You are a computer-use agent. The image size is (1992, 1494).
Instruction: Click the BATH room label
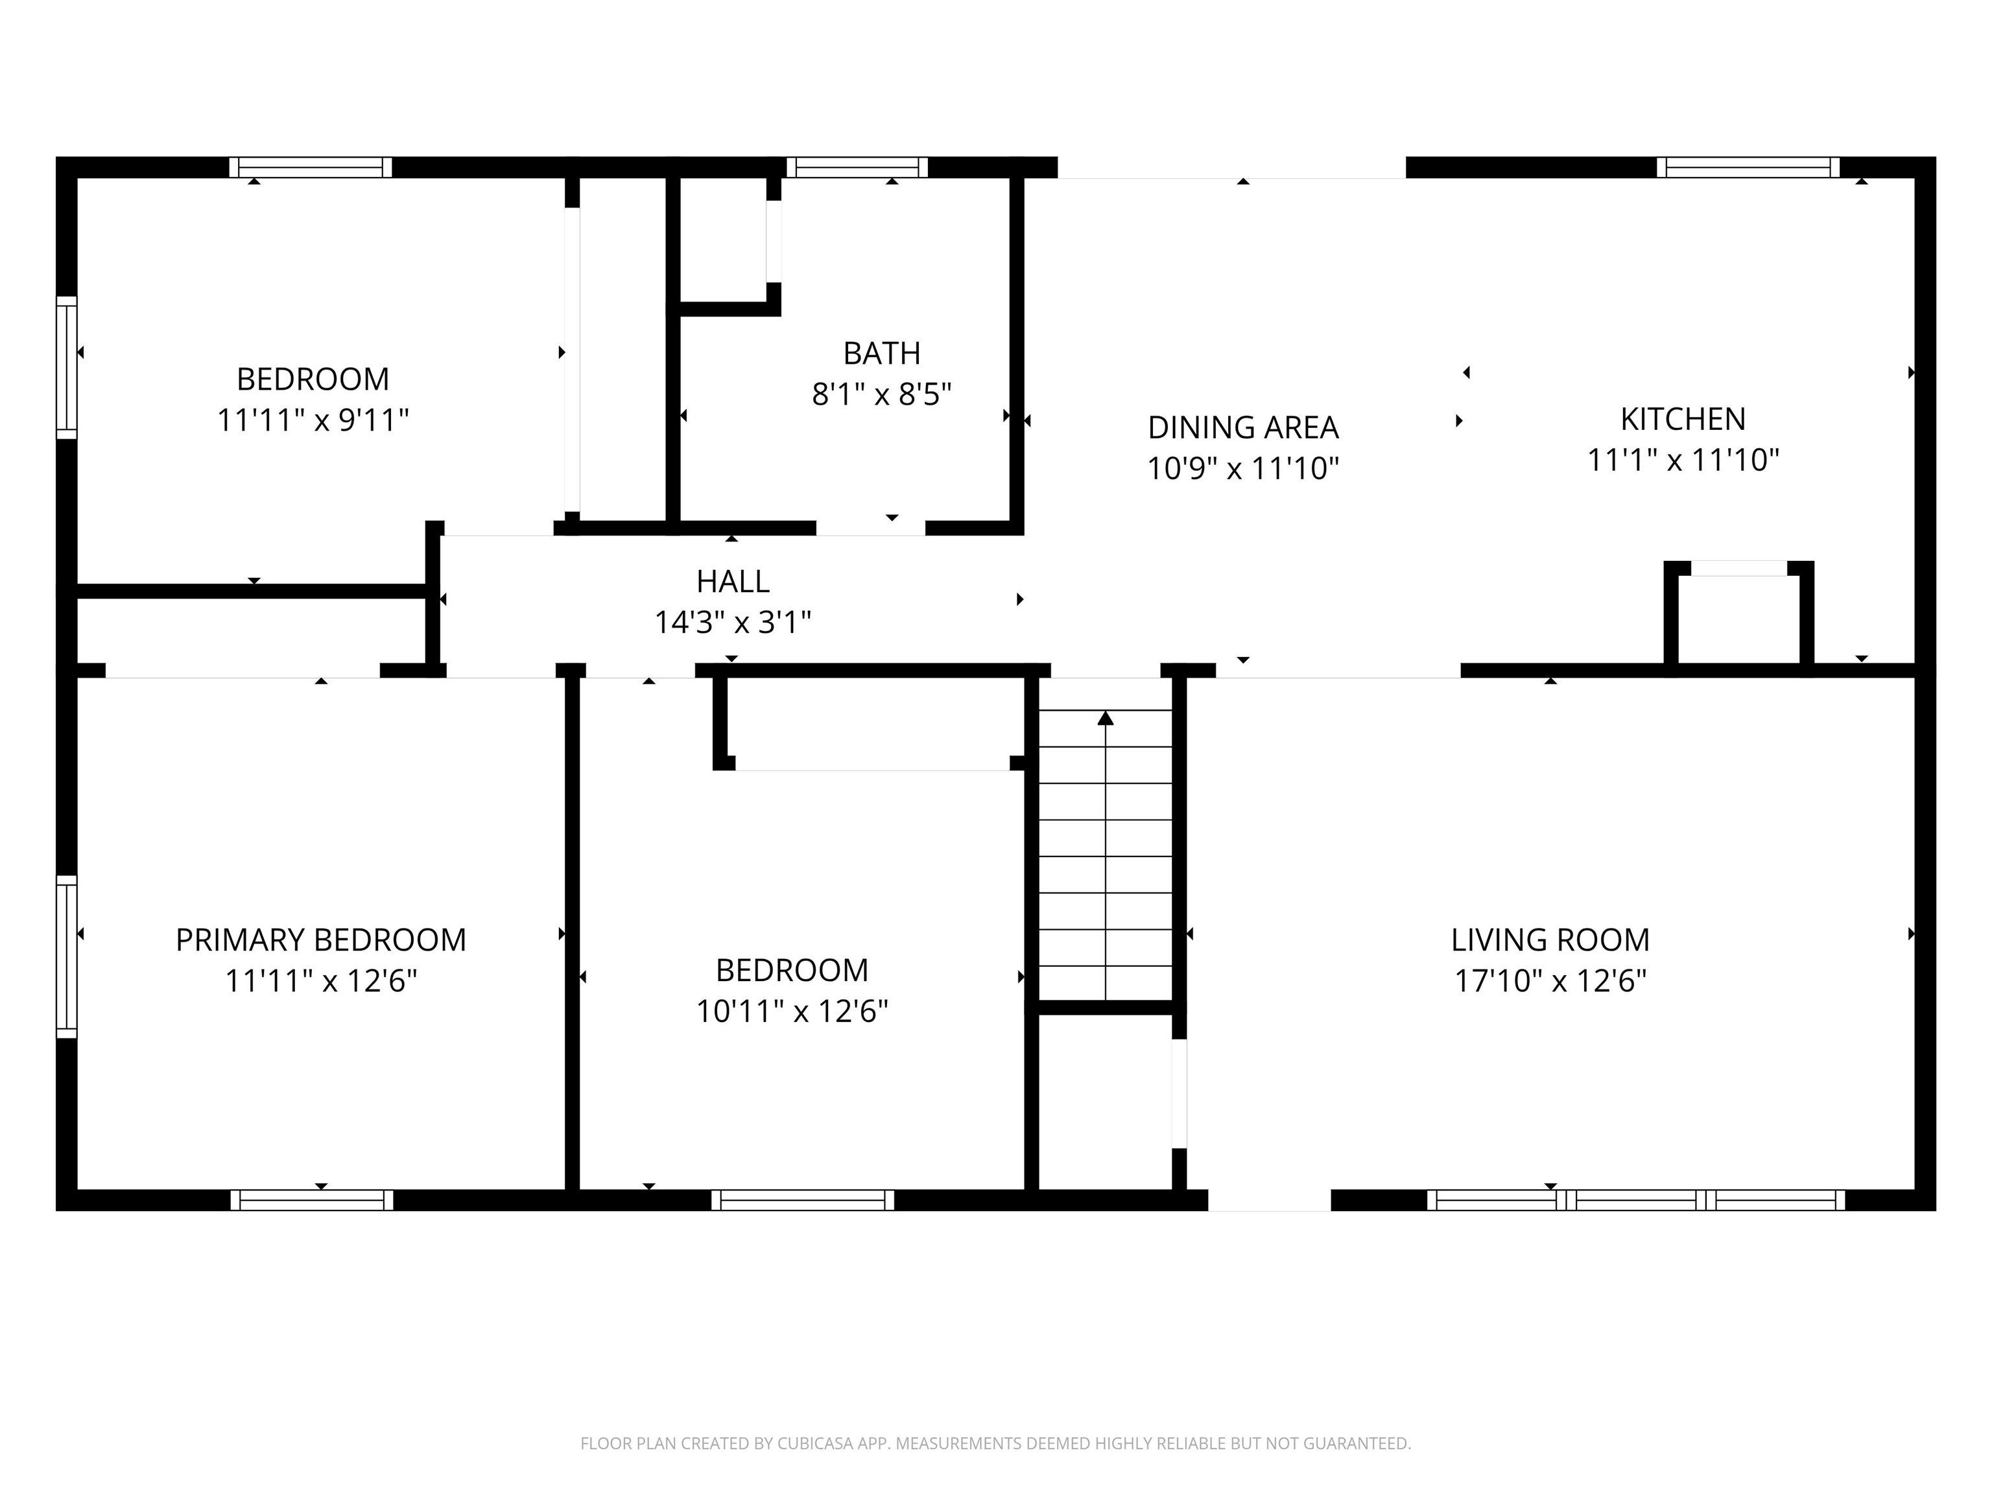(x=882, y=353)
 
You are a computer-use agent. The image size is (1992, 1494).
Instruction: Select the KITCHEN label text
(x=1682, y=419)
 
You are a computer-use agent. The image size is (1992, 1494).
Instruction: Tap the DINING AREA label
(x=1243, y=427)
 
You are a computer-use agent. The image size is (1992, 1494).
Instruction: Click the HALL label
(x=732, y=582)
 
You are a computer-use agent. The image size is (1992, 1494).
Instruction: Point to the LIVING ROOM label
(x=1550, y=940)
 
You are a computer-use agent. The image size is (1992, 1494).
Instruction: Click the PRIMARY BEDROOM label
(x=320, y=940)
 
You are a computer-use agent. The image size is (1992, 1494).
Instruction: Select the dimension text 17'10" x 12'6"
(x=1550, y=980)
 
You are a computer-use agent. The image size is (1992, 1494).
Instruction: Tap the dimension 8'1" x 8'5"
(x=882, y=394)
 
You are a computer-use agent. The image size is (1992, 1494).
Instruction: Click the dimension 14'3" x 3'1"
(x=732, y=622)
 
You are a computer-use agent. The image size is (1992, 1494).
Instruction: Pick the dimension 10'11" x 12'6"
(x=792, y=1012)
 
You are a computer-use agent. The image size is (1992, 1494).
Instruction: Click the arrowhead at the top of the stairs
(x=1105, y=718)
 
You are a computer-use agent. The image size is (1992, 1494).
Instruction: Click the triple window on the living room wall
(x=1635, y=1200)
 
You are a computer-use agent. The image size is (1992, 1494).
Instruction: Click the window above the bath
(x=857, y=167)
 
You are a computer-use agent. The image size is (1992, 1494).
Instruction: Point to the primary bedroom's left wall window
(x=67, y=956)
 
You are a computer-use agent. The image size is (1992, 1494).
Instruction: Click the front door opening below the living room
(x=1269, y=1200)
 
